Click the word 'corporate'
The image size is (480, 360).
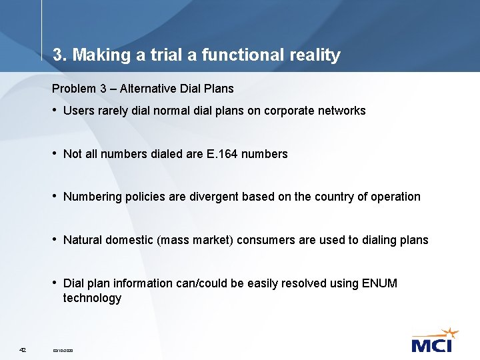coord(289,111)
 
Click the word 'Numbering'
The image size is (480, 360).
coord(93,197)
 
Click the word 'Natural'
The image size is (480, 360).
coord(83,241)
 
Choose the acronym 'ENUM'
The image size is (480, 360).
coord(379,283)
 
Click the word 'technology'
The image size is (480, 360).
coord(92,299)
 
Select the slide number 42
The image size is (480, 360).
coord(23,349)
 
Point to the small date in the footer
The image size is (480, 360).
coord(63,350)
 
